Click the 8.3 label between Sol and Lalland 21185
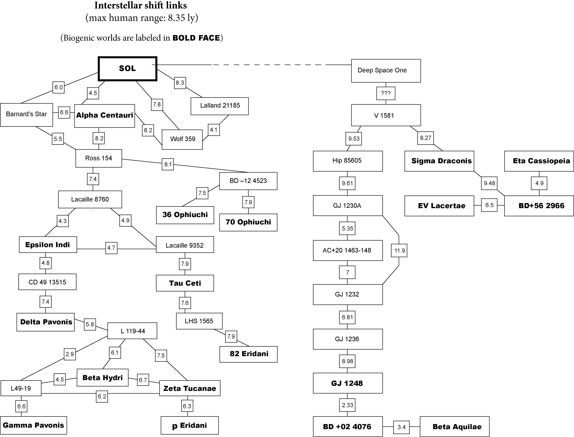tap(180, 83)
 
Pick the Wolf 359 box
tap(182, 139)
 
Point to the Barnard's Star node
tap(27, 115)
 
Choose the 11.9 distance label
tap(399, 251)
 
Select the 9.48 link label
tap(489, 183)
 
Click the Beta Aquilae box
tap(455, 427)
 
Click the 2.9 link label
tap(70, 354)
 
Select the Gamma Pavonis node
tap(33, 425)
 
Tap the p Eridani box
tap(190, 426)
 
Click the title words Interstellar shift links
tap(140, 6)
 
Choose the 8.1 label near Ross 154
tap(168, 164)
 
